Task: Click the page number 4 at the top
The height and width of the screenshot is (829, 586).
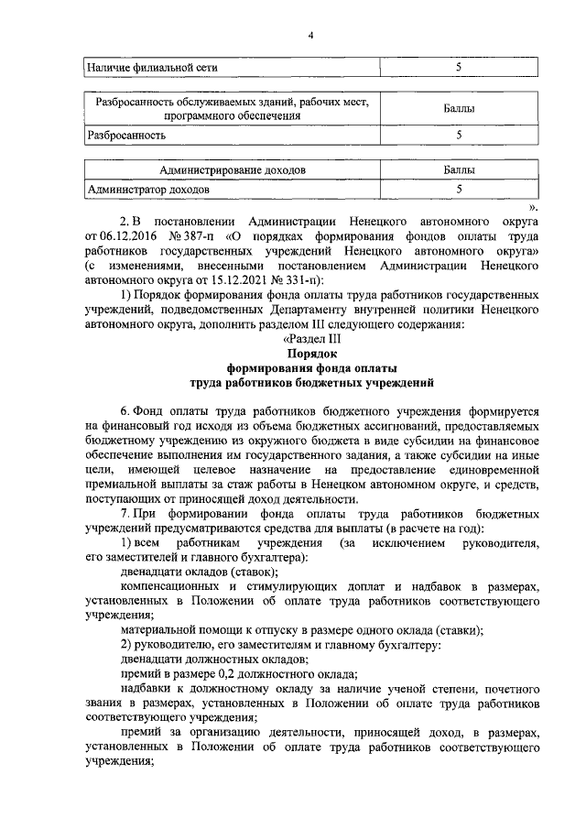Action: click(310, 35)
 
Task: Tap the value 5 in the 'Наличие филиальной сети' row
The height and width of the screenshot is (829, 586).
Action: click(459, 68)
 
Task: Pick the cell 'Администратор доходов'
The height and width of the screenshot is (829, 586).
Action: click(147, 190)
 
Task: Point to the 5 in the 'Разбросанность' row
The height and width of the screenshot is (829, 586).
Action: click(459, 135)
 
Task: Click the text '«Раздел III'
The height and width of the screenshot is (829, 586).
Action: click(310, 337)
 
